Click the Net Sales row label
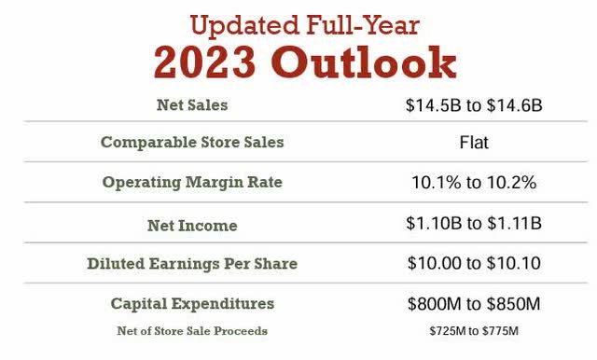pos(191,104)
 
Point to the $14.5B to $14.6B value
pos(474,105)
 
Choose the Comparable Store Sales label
pos(192,143)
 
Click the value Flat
pos(474,144)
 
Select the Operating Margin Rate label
pos(192,182)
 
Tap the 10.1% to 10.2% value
pos(474,183)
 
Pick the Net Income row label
pos(192,225)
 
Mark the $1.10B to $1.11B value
pos(474,225)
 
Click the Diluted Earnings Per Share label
pos(192,263)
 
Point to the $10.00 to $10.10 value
pos(474,264)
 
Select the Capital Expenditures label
pos(192,303)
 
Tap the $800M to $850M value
pos(474,304)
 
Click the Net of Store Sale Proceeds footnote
pos(192,330)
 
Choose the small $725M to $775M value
pos(474,331)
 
